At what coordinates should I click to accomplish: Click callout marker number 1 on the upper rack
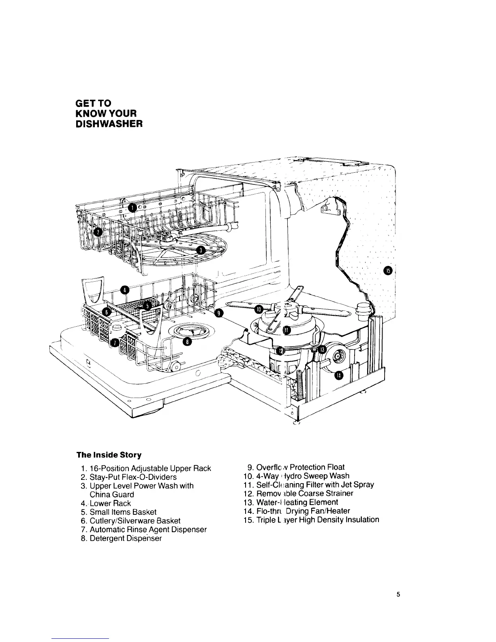coord(132,208)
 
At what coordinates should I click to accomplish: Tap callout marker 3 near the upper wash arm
coord(200,251)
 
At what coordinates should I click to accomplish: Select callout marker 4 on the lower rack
coord(125,289)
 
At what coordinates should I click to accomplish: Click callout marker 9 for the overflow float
coord(219,312)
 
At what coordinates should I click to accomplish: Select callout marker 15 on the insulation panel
coord(387,270)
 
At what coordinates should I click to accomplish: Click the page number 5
coord(398,595)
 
